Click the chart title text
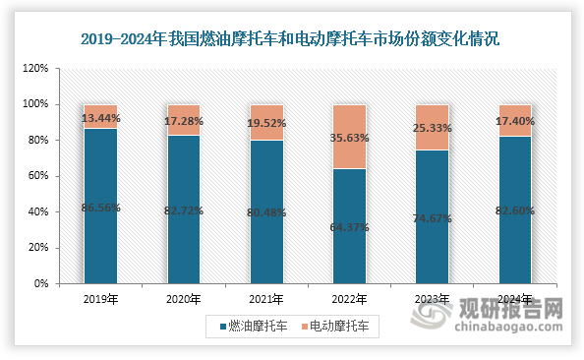[x=291, y=39]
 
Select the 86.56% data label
[x=100, y=209]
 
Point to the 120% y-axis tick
[x=35, y=69]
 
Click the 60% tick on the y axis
[x=38, y=176]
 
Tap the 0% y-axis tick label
[x=41, y=283]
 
